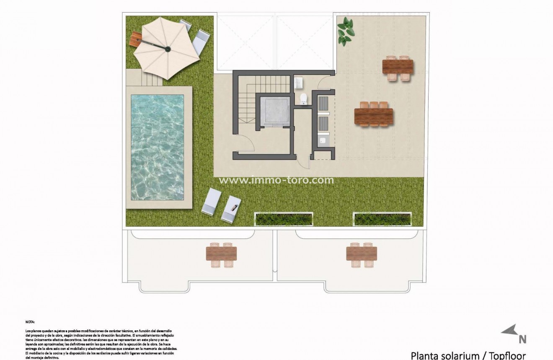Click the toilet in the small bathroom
(304, 98)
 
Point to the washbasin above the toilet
(298, 83)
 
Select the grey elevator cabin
(275, 111)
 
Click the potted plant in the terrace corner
(345, 31)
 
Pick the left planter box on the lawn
(284, 218)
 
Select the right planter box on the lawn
(382, 218)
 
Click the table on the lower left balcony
(221, 254)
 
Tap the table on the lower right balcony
(362, 254)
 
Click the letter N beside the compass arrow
(522, 339)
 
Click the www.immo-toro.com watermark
(276, 180)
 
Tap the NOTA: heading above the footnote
(30, 322)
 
